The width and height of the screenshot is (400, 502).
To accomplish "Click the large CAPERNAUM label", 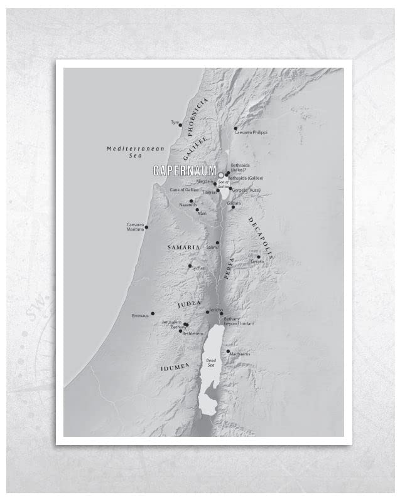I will [x=185, y=170].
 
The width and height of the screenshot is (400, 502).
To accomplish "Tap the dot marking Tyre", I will [x=180, y=125].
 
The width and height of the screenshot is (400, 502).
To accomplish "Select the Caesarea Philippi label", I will [x=251, y=133].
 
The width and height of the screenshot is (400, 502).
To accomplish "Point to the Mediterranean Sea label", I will [x=135, y=152].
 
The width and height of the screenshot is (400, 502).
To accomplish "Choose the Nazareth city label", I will [x=188, y=205].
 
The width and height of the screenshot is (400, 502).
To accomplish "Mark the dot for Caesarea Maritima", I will [x=146, y=227].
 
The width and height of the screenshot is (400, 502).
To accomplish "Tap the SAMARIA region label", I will [x=183, y=248].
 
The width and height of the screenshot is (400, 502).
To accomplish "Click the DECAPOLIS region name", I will [x=260, y=238].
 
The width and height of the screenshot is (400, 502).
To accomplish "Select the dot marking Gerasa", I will [x=258, y=256].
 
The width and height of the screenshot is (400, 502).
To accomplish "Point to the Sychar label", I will [x=198, y=268].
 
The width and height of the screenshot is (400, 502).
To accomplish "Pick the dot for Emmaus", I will [x=153, y=313].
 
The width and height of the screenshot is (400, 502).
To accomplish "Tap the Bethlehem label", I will [x=192, y=333].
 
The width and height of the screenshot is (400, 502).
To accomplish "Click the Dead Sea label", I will [x=211, y=363].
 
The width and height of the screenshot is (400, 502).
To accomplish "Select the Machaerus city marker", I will [x=228, y=351].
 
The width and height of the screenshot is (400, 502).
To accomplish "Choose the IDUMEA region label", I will [x=175, y=368].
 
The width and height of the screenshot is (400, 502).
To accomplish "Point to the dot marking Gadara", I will [x=233, y=207].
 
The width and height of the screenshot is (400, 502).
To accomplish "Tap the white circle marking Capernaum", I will [x=221, y=175].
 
